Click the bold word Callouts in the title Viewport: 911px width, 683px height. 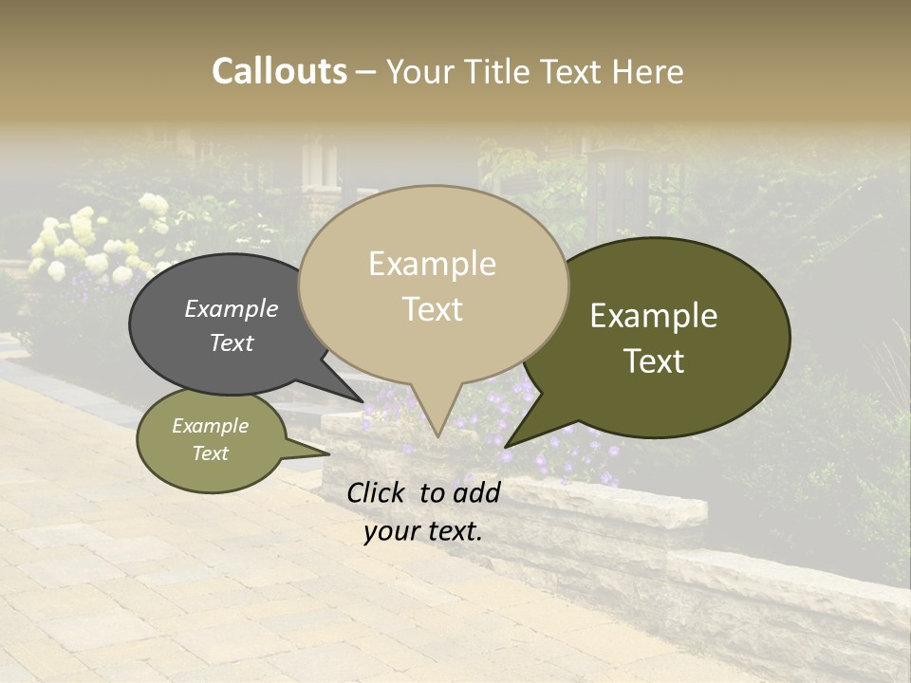[279, 71]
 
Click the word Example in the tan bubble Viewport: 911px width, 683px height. [432, 264]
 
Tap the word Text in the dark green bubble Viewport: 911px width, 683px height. [654, 361]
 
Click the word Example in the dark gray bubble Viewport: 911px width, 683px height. [232, 308]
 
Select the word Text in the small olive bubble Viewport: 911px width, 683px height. [211, 453]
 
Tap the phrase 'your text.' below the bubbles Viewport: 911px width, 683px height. [423, 531]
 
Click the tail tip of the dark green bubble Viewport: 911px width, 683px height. [507, 445]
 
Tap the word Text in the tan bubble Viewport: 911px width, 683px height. [433, 309]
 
